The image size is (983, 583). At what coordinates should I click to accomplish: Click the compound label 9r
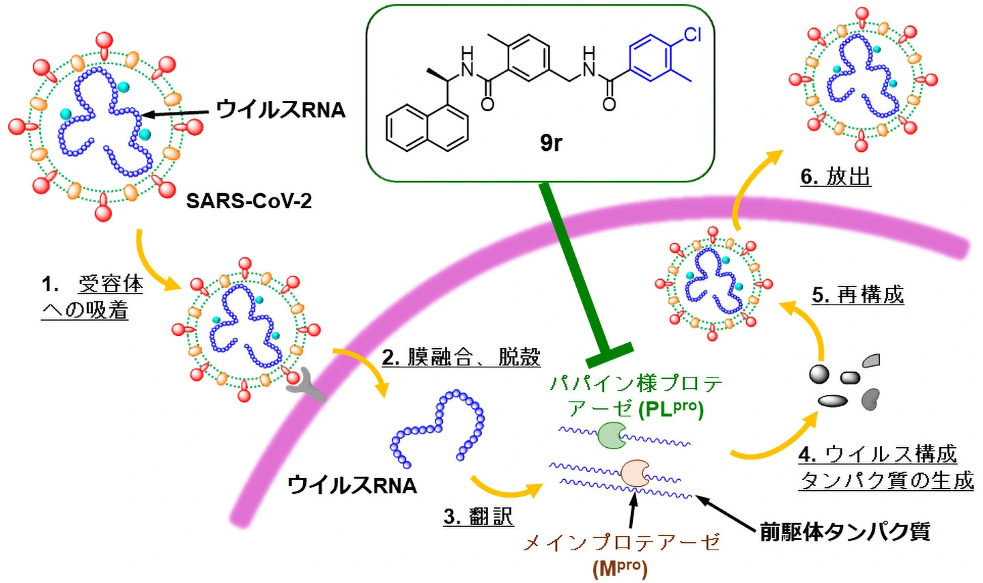pos(551,142)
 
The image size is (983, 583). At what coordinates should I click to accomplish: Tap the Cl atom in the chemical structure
pos(692,34)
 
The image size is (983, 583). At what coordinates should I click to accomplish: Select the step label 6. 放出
pos(836,177)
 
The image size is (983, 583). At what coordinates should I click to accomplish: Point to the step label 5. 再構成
pos(857,295)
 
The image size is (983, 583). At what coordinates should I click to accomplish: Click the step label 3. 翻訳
pos(478,516)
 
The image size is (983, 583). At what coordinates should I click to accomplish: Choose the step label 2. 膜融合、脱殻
pos(461,356)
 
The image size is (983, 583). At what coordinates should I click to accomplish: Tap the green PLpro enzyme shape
pos(612,436)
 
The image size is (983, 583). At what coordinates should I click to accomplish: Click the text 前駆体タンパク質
pos(845,531)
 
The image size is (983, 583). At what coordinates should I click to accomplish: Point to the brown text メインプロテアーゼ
pos(621,543)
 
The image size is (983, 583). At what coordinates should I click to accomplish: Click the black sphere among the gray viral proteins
pos(819,374)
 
